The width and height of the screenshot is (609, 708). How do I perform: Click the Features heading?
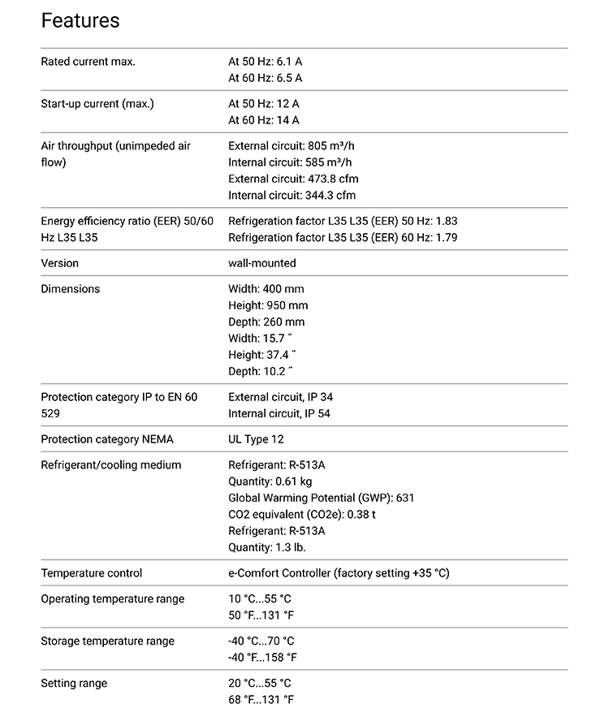click(80, 20)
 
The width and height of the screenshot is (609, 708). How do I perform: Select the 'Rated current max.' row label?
click(88, 62)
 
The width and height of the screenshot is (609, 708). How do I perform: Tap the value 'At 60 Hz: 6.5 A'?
click(265, 79)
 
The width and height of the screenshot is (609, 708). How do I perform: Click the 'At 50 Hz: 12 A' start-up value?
click(264, 104)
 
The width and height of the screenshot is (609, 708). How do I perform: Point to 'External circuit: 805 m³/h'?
click(292, 146)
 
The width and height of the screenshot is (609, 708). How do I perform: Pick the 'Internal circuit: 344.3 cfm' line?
click(292, 195)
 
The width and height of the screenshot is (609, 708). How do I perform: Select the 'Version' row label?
click(60, 263)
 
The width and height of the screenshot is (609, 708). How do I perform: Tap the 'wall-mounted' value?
click(262, 263)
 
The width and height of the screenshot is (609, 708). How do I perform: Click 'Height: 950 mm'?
click(268, 305)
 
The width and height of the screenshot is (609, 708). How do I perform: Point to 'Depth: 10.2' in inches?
click(260, 370)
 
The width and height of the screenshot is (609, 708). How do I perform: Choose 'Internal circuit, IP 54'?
click(279, 413)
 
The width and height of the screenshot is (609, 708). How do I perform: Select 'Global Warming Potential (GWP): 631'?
click(322, 498)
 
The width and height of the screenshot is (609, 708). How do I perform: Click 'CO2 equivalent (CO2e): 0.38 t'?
click(302, 514)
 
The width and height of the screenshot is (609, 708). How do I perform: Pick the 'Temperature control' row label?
click(92, 573)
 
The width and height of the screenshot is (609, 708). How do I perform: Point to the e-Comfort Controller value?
click(339, 573)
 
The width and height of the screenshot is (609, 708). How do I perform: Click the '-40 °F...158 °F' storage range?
click(262, 658)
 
